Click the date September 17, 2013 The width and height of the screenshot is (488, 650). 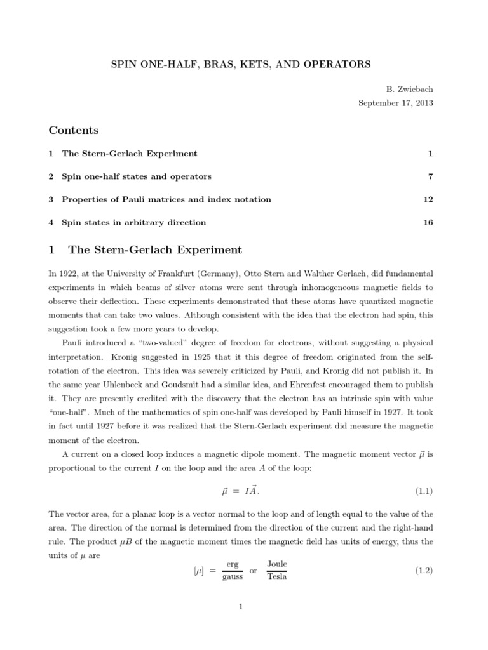point(396,103)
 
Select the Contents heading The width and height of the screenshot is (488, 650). point(74,130)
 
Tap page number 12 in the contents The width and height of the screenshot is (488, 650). point(428,199)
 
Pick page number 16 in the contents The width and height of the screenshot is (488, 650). point(428,222)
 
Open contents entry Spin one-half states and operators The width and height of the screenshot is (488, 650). point(136,176)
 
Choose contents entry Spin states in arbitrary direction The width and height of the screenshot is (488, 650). point(133,222)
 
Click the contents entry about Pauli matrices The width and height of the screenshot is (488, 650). point(166,199)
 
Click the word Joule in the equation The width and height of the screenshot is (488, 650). point(277,564)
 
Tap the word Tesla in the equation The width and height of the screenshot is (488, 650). point(277,577)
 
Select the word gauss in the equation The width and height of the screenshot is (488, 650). point(233,578)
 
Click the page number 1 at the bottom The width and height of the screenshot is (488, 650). point(241,607)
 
